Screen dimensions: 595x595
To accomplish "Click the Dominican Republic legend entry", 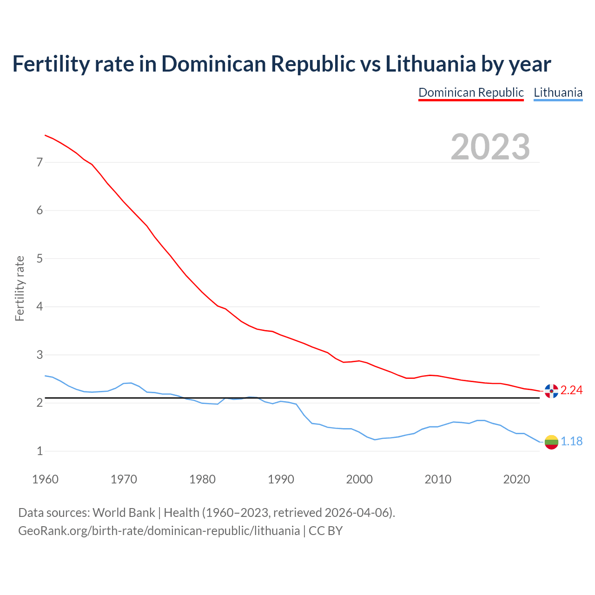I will click(471, 93).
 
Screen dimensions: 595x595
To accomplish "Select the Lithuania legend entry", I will click(558, 93).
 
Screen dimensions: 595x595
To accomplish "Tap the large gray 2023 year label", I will click(490, 147).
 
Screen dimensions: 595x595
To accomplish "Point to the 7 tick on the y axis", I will click(40, 162).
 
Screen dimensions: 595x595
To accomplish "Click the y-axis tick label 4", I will click(40, 306).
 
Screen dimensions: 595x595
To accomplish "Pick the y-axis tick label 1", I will click(40, 451).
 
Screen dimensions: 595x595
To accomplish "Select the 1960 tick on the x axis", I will click(45, 479).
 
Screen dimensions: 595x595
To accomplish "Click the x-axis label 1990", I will click(281, 479).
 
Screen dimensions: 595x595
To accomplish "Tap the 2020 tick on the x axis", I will click(516, 479).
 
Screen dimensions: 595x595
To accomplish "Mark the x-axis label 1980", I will click(202, 479).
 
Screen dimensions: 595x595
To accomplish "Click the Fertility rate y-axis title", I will click(20, 288).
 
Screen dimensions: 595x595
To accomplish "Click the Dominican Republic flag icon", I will click(551, 391).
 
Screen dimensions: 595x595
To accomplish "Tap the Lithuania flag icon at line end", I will click(551, 442).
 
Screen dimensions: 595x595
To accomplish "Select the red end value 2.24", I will click(571, 390).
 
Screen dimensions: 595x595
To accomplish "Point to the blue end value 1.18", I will click(571, 441).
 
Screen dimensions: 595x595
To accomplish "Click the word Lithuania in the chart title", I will click(430, 64).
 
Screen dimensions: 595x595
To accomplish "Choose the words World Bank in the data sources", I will click(124, 513).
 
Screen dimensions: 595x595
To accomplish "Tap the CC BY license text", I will click(325, 531).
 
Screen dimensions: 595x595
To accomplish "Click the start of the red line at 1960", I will click(46, 135).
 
